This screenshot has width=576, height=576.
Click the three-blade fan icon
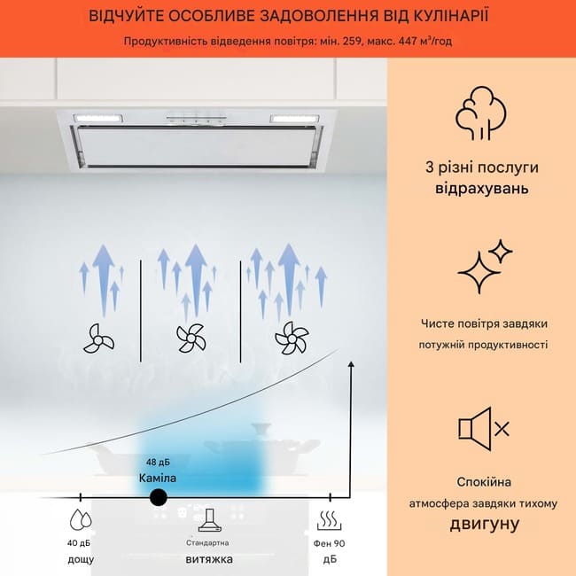(98, 339)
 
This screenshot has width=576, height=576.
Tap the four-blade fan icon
(191, 338)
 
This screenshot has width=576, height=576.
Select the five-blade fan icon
(292, 338)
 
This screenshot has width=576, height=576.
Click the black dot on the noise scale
(159, 497)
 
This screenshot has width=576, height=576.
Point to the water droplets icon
(81, 519)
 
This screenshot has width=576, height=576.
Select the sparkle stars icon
(485, 267)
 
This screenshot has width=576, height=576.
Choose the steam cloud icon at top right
(481, 113)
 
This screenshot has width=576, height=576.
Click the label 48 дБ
(158, 462)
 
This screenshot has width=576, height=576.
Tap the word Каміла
(158, 478)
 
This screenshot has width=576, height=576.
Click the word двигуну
(484, 525)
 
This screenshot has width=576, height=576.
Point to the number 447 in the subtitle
(405, 41)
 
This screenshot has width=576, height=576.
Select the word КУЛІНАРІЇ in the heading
(451, 16)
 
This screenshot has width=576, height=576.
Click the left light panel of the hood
(98, 119)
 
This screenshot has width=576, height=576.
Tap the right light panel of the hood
(294, 119)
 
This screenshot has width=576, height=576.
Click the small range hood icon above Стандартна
(210, 520)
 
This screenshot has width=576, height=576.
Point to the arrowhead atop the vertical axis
(351, 364)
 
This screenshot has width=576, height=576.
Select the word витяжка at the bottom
(209, 559)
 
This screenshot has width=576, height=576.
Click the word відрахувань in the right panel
(482, 188)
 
